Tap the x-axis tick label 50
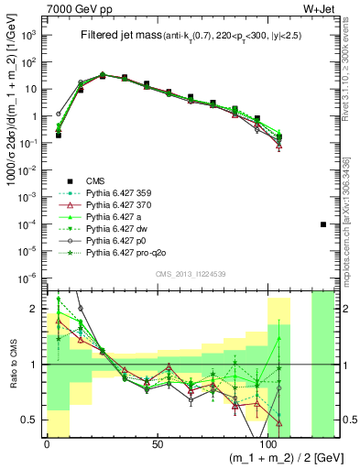(158, 444)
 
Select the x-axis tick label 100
(270, 444)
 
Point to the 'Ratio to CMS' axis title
(11, 365)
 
